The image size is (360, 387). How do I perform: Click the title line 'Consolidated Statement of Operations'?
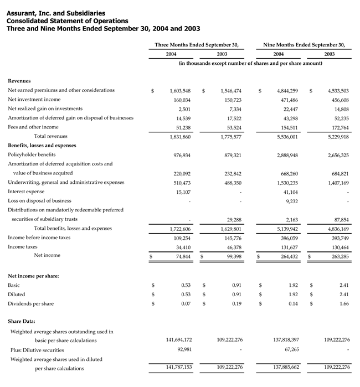tap(61, 20)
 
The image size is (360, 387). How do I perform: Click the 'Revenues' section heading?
tap(19, 81)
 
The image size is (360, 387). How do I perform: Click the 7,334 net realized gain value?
tap(235, 109)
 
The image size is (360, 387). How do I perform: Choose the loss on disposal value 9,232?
tap(292, 201)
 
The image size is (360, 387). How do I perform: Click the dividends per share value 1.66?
tap(344, 304)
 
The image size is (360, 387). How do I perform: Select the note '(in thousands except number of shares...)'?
tap(250, 64)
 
